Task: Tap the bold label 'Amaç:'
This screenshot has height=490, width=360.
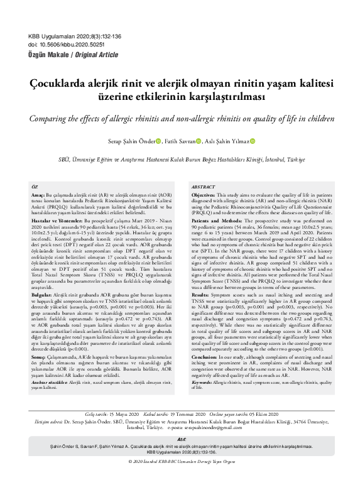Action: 39,196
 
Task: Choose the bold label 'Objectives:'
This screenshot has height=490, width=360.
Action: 204,196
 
